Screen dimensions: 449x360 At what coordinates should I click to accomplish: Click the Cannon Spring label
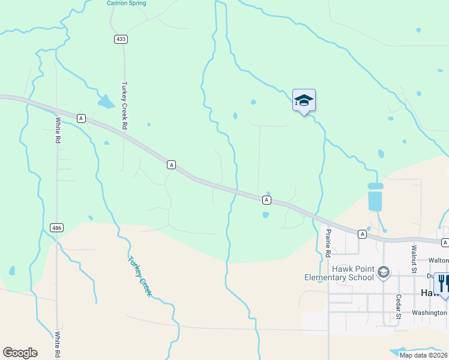pyautogui.click(x=126, y=3)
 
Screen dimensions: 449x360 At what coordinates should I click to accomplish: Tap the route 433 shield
pyautogui.click(x=121, y=39)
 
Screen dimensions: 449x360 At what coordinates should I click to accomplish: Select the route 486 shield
pyautogui.click(x=57, y=227)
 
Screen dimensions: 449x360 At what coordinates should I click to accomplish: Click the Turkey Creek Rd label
pyautogui.click(x=125, y=106)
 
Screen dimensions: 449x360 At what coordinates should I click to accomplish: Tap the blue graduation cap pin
pyautogui.click(x=304, y=100)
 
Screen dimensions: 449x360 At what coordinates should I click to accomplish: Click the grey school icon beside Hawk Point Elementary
pyautogui.click(x=383, y=274)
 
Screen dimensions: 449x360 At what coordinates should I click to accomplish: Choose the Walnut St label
pyautogui.click(x=414, y=259)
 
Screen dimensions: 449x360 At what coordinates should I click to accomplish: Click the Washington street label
pyautogui.click(x=430, y=313)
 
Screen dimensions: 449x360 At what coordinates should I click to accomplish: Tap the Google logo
pyautogui.click(x=20, y=353)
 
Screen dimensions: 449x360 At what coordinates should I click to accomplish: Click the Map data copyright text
pyautogui.click(x=423, y=355)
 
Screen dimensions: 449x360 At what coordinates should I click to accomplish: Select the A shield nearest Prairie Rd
pyautogui.click(x=362, y=233)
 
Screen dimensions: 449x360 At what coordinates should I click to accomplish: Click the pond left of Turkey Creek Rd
pyautogui.click(x=106, y=101)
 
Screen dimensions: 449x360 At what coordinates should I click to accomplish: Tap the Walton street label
pyautogui.click(x=438, y=260)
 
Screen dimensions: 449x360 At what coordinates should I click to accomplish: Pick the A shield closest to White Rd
pyautogui.click(x=81, y=118)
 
